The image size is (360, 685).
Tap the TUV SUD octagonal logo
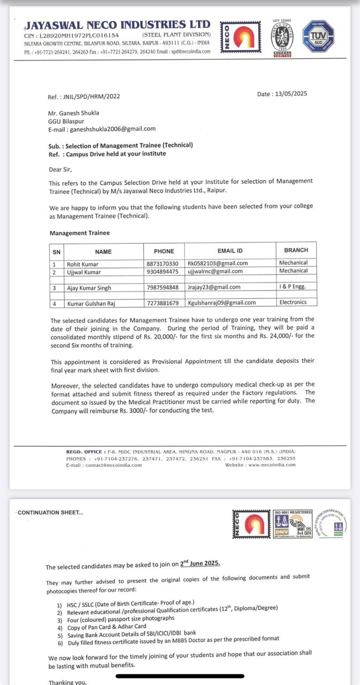[x=318, y=36]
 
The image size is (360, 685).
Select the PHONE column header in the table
[x=164, y=250]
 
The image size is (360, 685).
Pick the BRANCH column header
[x=296, y=250]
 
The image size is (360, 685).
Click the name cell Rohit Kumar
[x=82, y=264]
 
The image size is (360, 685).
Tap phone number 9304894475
[x=162, y=272]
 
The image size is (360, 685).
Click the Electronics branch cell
[x=293, y=302]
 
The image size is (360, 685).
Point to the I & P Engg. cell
[x=292, y=287]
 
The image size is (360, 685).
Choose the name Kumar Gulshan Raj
[x=91, y=303]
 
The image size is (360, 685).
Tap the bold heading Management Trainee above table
[x=80, y=233]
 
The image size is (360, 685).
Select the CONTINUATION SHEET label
[x=50, y=513]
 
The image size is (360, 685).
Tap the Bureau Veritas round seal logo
[x=281, y=37]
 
